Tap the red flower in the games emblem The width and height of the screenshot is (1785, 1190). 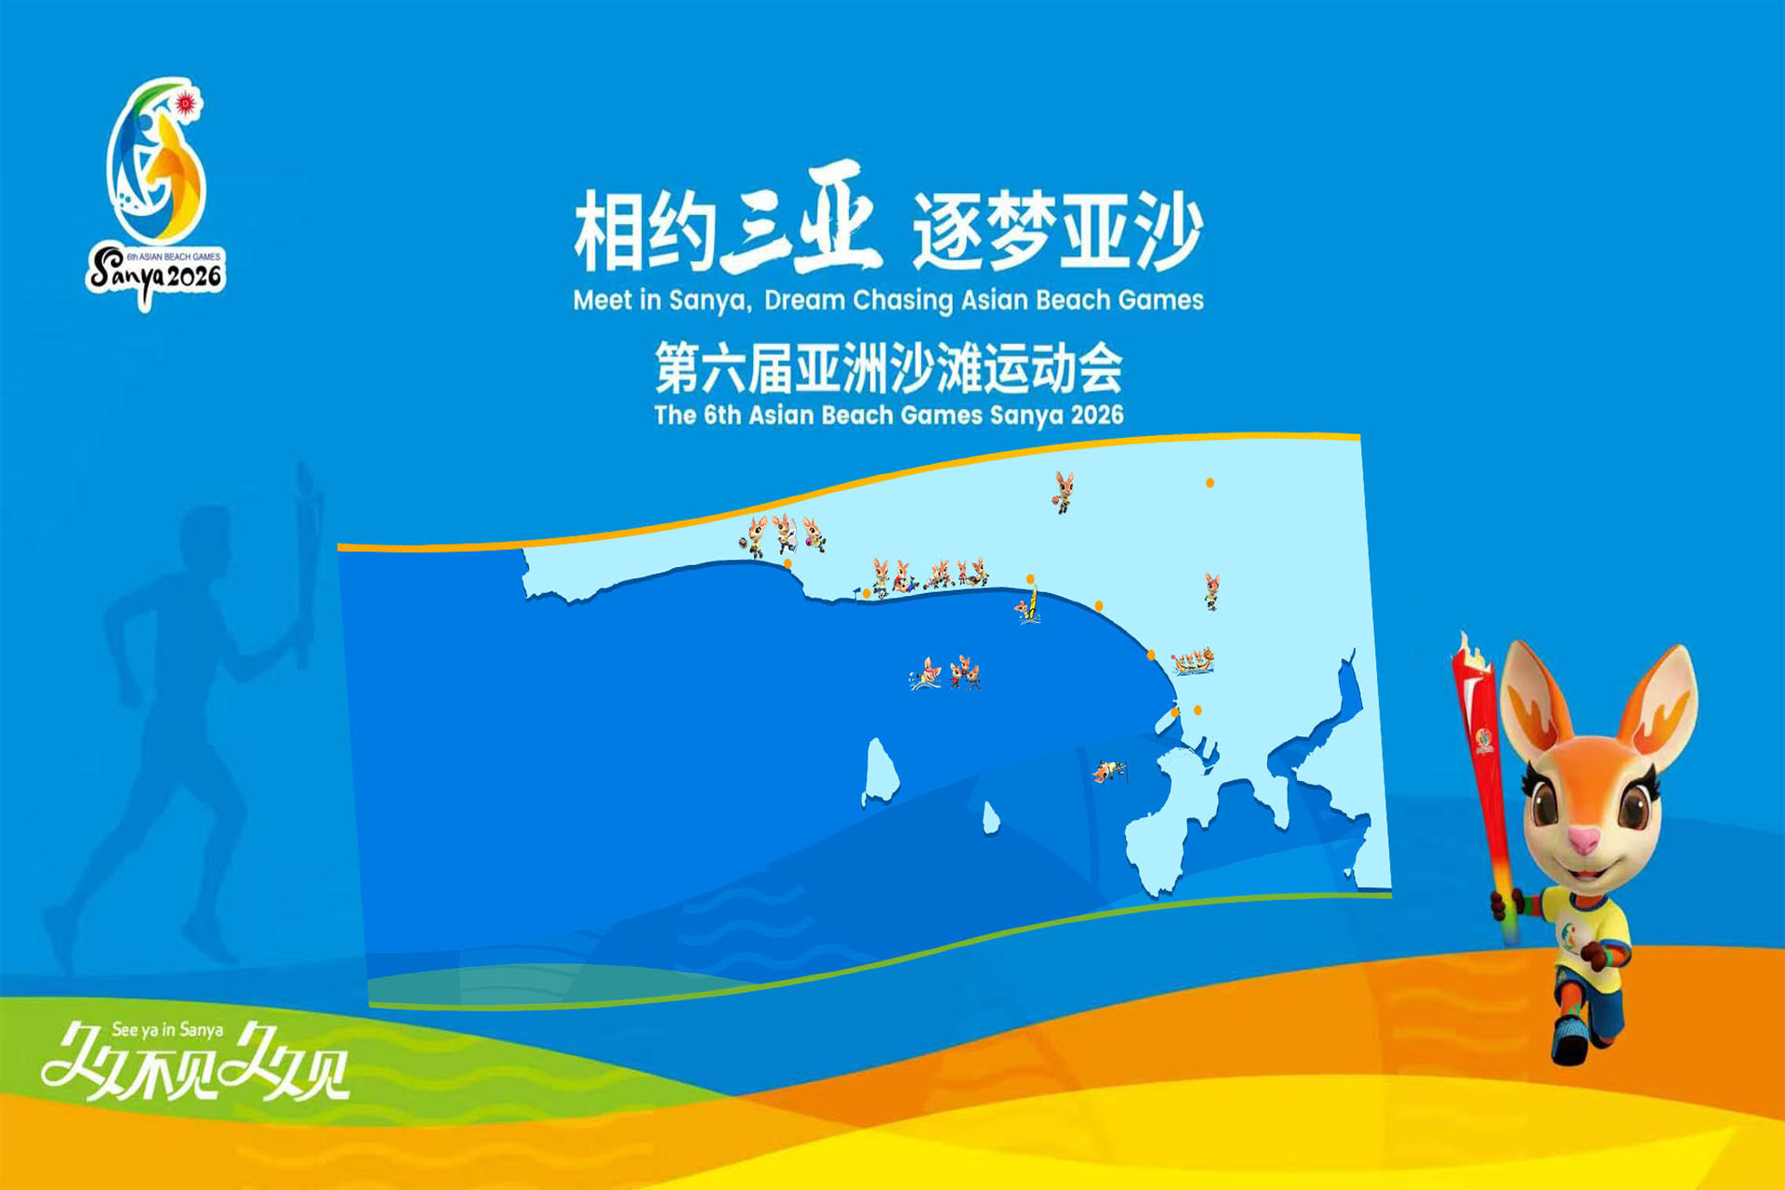point(186,102)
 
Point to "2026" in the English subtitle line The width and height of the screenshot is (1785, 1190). point(1097,415)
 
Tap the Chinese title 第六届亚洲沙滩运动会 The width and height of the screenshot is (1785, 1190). point(889,368)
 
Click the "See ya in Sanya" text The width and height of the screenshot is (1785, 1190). point(167,1030)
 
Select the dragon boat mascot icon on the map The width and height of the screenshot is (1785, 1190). point(1193,661)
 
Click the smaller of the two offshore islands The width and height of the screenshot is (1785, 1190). point(991,817)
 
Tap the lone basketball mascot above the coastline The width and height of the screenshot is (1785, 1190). point(1064,492)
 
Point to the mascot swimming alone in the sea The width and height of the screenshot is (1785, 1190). point(925,674)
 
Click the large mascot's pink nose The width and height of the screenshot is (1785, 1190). point(1584,841)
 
